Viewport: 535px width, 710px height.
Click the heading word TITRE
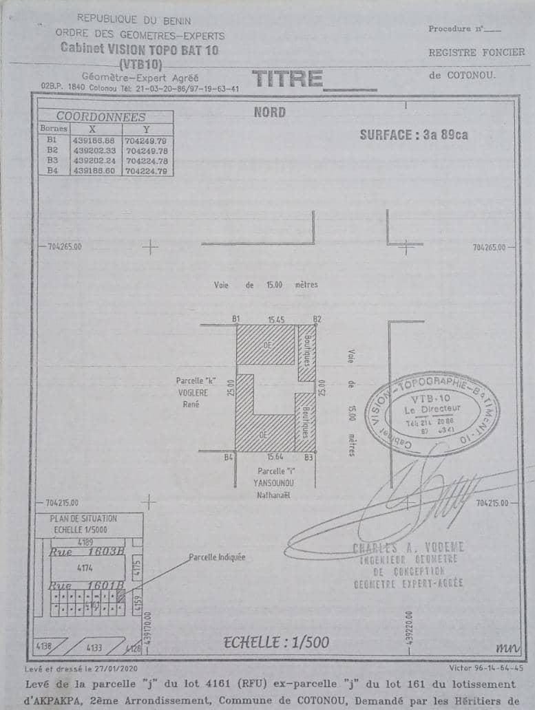288,80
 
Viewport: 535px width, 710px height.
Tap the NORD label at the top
269,112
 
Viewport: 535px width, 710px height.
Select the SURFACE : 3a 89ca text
413,135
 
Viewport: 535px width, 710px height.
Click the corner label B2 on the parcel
317,319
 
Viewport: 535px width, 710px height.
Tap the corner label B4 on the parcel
229,457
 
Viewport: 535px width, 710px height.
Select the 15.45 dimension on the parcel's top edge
275,319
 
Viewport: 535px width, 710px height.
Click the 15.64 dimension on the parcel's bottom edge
275,457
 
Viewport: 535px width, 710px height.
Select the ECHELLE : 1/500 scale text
276,643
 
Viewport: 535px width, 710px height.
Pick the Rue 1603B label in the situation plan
87,551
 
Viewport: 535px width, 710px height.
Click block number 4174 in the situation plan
85,568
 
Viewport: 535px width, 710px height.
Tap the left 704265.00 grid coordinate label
65,246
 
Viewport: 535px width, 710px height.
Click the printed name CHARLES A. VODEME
408,548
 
